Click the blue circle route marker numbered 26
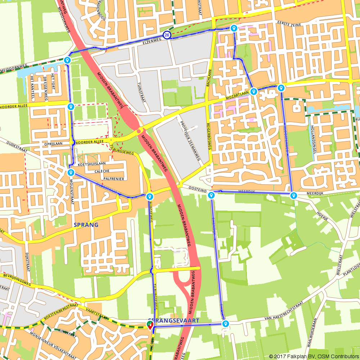point(167,35)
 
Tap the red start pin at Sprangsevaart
point(150,326)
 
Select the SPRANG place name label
point(86,225)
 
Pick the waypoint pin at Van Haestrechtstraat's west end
point(225,324)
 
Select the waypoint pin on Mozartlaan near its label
point(254,91)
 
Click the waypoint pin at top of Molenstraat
point(71,173)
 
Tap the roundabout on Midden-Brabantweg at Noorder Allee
point(139,131)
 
